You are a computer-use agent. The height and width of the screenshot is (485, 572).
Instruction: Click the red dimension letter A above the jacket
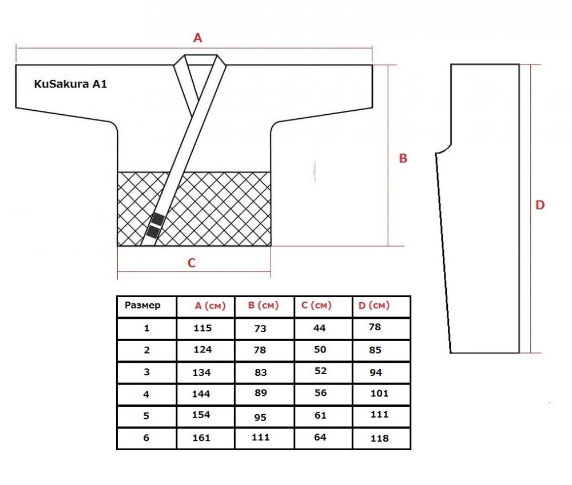[198, 38]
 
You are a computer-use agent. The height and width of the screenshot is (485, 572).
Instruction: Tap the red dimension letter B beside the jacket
[403, 158]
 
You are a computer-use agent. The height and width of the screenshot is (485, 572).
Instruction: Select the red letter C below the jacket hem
[192, 263]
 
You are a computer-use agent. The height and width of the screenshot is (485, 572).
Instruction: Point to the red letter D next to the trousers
[540, 205]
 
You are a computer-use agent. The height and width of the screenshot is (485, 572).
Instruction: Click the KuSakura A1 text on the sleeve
[70, 84]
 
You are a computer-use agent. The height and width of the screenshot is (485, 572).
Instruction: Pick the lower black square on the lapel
[153, 232]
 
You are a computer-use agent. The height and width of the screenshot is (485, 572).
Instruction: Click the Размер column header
[142, 306]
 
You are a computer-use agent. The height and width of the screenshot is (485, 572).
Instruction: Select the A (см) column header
[210, 306]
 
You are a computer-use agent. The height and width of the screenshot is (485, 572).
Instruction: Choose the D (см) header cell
[374, 306]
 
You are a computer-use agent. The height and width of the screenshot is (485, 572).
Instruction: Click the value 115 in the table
[202, 328]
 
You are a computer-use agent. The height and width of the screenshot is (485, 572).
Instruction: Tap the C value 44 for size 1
[319, 328]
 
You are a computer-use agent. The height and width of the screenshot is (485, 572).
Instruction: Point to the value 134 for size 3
[202, 372]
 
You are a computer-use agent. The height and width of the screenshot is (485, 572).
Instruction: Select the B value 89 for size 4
[261, 393]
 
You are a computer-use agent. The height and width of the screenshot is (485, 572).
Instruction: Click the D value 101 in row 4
[379, 393]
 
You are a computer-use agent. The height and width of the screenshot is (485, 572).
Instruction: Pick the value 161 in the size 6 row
[201, 437]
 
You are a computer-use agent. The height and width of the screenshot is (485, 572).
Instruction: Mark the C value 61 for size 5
[320, 415]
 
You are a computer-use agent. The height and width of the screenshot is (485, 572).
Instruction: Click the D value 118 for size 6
[379, 438]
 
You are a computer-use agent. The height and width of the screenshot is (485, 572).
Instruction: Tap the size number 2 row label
[146, 350]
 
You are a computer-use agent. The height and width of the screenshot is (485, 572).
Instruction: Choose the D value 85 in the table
[375, 350]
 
